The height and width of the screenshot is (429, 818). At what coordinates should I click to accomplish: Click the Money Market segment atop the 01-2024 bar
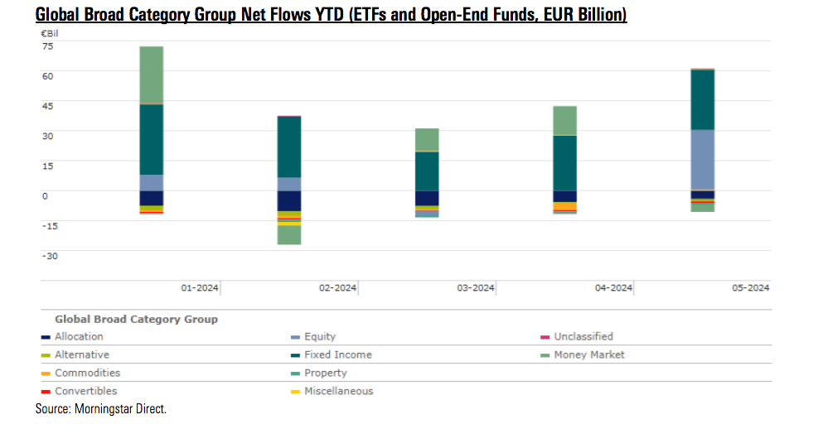click(x=151, y=75)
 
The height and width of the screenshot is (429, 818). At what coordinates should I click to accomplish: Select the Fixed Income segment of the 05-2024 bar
click(x=703, y=99)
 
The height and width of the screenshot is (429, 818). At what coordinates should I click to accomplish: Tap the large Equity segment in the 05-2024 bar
click(x=703, y=160)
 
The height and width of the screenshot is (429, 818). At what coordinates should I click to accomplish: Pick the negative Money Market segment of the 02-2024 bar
click(x=289, y=235)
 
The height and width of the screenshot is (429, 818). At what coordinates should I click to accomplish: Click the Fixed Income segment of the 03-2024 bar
click(x=427, y=171)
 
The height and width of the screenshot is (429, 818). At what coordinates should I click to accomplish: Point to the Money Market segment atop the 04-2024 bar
click(x=565, y=120)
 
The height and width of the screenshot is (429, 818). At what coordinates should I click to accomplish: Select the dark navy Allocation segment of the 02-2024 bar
click(x=289, y=201)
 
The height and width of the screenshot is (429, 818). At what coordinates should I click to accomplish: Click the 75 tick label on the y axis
click(x=47, y=46)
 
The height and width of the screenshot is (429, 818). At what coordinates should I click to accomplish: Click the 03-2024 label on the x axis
click(x=476, y=288)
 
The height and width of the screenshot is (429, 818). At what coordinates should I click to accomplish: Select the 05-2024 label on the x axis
click(x=750, y=288)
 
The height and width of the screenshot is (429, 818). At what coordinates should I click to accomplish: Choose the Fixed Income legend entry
click(x=338, y=354)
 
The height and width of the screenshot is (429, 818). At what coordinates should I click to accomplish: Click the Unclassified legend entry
click(x=583, y=336)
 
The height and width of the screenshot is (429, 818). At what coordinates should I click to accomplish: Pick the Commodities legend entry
click(x=87, y=373)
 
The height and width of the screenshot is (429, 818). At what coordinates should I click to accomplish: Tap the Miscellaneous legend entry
click(x=338, y=391)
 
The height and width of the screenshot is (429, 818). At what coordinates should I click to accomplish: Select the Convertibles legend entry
click(x=85, y=391)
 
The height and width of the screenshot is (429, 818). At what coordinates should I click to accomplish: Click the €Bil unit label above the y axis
click(x=52, y=31)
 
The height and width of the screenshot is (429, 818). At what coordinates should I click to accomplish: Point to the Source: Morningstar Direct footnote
click(x=101, y=409)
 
